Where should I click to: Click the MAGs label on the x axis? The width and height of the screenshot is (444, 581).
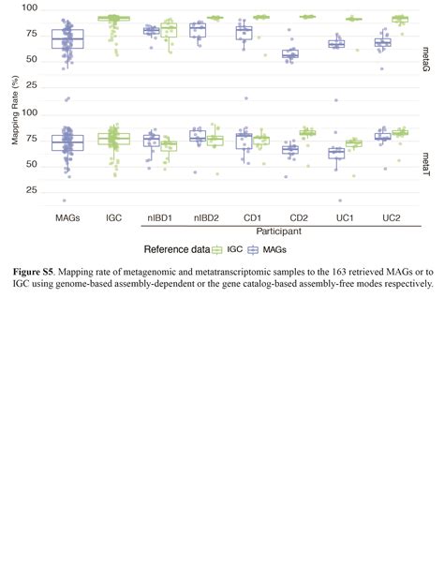[x=67, y=217]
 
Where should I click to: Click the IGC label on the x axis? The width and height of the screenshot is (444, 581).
[x=114, y=217]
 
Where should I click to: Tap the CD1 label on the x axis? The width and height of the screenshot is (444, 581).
[x=253, y=217]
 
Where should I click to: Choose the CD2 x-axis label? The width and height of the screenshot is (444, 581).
[x=299, y=217]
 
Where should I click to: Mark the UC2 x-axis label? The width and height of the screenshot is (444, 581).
[x=392, y=217]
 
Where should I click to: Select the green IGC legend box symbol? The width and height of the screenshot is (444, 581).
[x=217, y=250]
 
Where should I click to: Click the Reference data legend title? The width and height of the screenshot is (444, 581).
[x=176, y=250]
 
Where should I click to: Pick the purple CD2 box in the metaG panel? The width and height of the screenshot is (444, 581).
[x=290, y=54]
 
